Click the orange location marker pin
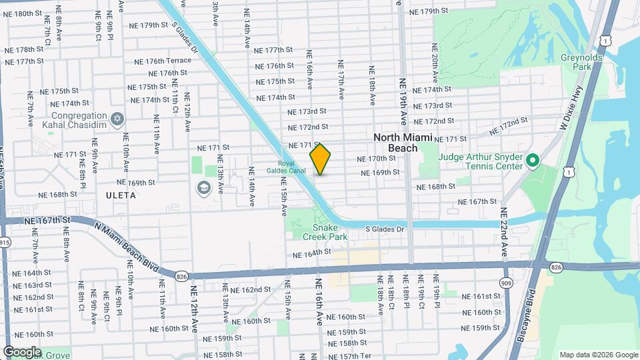click(x=321, y=159)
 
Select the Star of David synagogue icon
click(x=118, y=119)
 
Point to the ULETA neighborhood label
click(x=120, y=195)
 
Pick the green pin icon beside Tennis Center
click(x=532, y=161)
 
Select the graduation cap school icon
click(x=203, y=188)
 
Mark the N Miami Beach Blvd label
click(x=127, y=246)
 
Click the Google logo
click(x=22, y=351)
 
